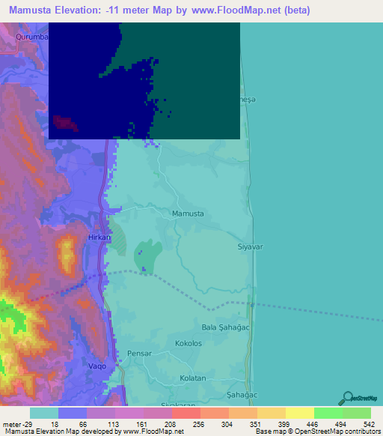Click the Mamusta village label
[x=188, y=214]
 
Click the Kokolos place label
[x=189, y=343]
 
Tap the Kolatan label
[x=192, y=378]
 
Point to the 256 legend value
[x=189, y=423]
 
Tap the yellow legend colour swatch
[x=299, y=413]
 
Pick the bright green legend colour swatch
[x=328, y=413]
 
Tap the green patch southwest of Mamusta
[x=148, y=255]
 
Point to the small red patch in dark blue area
[x=66, y=123]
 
